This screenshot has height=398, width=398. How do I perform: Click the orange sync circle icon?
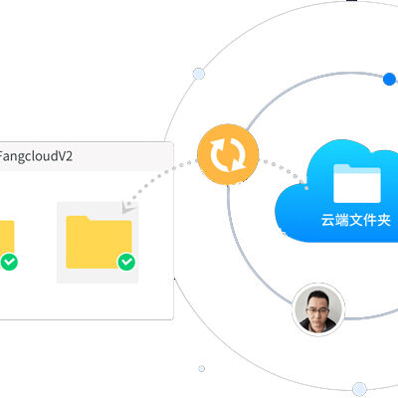[x=228, y=154]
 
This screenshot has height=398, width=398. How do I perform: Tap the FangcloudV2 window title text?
[x=36, y=156]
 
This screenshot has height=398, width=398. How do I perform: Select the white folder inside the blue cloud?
[x=357, y=183]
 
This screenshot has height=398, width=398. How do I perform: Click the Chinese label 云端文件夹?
[x=355, y=220]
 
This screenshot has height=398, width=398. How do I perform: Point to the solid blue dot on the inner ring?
[x=389, y=80]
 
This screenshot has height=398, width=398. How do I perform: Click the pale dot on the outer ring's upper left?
[x=199, y=74]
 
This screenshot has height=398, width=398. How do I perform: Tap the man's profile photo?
[x=318, y=309]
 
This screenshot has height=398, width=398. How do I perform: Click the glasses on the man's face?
[x=317, y=310]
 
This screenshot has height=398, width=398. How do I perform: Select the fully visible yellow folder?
[x=99, y=242]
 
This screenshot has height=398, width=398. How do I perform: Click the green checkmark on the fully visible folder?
[x=126, y=262]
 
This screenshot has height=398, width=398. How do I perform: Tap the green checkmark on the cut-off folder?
[x=9, y=262]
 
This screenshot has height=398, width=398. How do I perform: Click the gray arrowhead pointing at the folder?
[x=128, y=207]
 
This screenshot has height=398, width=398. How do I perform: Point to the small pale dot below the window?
[x=201, y=368]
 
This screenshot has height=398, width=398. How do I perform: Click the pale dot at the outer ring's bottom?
[x=359, y=389]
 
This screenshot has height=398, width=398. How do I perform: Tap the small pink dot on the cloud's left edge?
[x=306, y=188]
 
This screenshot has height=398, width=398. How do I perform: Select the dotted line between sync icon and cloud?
[x=282, y=169]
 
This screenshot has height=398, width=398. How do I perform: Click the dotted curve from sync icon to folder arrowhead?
[x=158, y=176]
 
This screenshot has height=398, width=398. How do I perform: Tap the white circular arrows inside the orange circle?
[x=228, y=154]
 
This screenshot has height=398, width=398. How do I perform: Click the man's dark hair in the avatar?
[x=317, y=297]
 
